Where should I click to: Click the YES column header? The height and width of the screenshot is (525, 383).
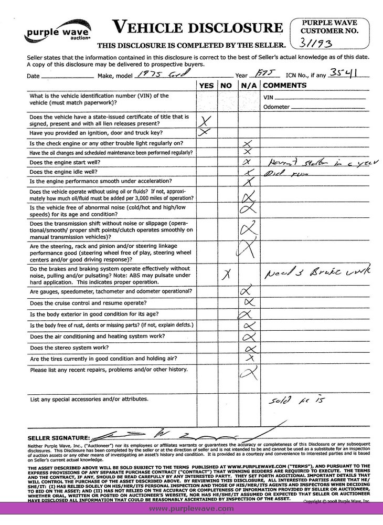click(x=206, y=85)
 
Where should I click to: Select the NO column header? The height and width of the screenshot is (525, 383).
click(x=226, y=85)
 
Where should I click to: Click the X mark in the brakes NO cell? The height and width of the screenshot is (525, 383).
click(x=227, y=274)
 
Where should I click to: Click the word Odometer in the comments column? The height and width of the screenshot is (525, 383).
click(x=276, y=107)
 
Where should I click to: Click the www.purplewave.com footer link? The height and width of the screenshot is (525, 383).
click(x=191, y=509)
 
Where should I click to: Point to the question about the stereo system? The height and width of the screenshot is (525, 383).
click(x=69, y=348)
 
